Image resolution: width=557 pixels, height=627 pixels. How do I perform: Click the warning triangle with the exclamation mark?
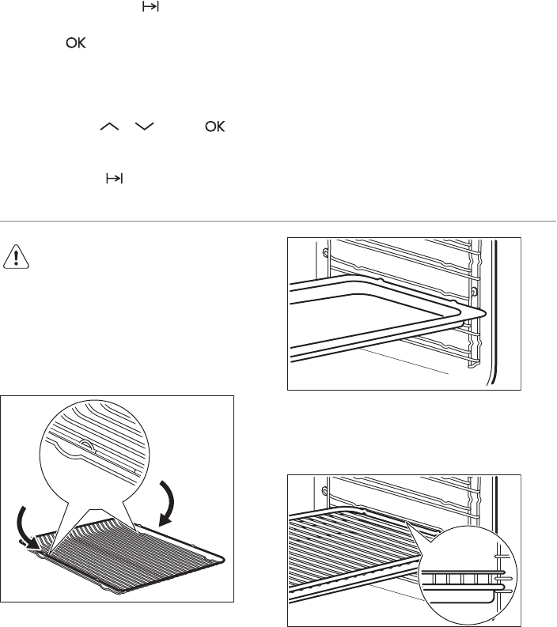[16, 256]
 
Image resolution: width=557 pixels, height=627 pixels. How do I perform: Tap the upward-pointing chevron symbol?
[109, 127]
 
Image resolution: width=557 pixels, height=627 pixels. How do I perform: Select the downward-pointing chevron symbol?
[145, 127]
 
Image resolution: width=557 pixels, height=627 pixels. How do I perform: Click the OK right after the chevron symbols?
[215, 127]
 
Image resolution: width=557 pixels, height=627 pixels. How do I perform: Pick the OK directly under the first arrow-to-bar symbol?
[76, 43]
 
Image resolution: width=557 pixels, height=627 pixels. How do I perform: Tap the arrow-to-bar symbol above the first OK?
[150, 7]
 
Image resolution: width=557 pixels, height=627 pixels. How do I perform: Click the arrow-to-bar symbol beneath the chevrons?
[115, 179]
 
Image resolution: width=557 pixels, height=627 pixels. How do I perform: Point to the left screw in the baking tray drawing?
[325, 253]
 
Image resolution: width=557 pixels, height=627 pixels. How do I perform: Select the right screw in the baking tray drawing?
[474, 292]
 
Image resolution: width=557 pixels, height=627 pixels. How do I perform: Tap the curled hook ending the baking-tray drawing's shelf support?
[473, 364]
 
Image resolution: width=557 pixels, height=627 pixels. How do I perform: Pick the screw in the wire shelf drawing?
[325, 490]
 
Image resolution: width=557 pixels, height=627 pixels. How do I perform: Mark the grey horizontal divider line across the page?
[278, 221]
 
